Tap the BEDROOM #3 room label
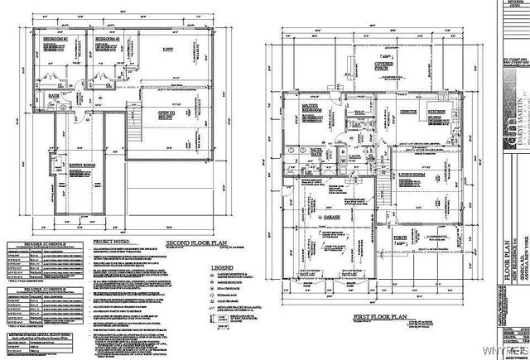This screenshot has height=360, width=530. tap(106, 39)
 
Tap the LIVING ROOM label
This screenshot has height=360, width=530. tap(412, 175)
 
